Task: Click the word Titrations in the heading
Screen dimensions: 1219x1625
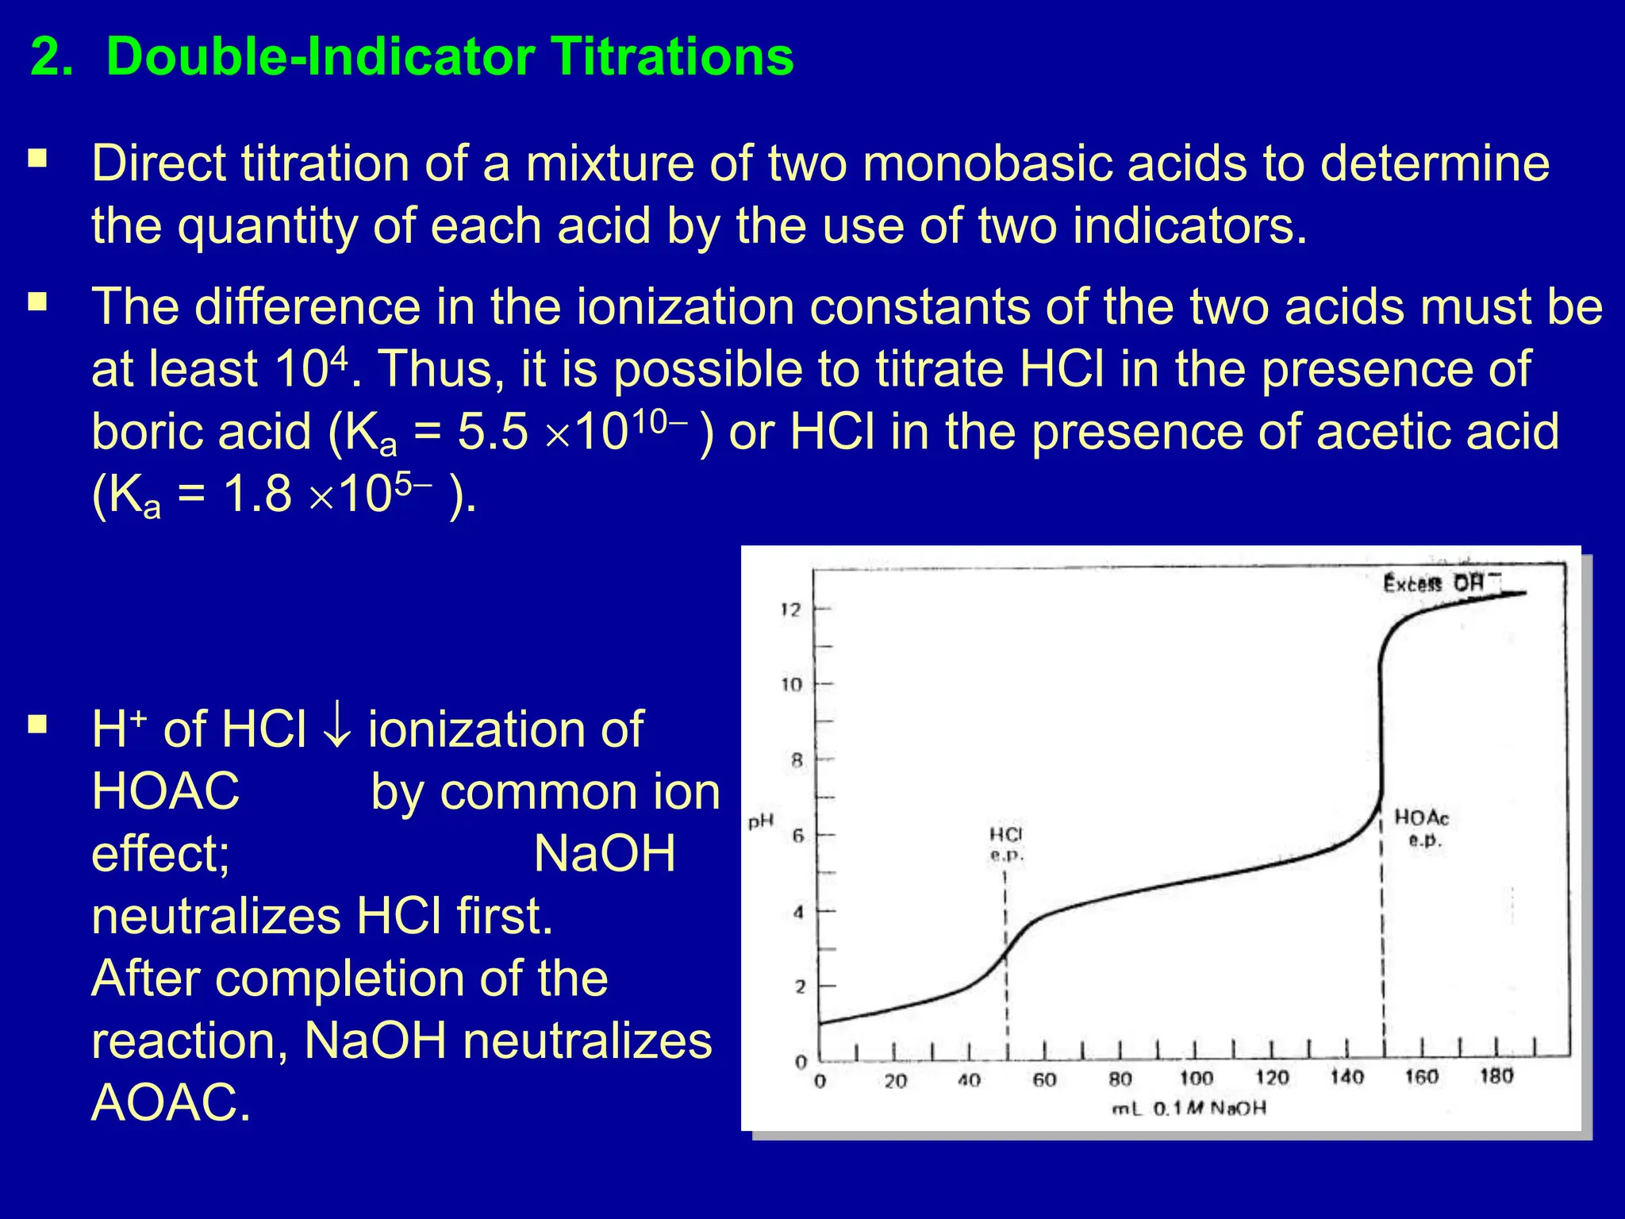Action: [x=672, y=57]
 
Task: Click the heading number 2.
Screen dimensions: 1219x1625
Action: [x=51, y=58]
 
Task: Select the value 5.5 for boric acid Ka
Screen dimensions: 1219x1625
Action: [x=492, y=433]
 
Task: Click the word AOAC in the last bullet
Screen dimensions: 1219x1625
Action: [x=171, y=1102]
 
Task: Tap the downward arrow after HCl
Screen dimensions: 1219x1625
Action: [x=337, y=729]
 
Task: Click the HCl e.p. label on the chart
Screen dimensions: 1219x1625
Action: [x=1006, y=844]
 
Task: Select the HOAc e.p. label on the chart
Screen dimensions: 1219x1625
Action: [x=1422, y=828]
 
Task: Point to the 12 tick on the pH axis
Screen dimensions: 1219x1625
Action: [x=791, y=609]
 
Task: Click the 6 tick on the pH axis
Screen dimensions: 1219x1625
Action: [x=798, y=836]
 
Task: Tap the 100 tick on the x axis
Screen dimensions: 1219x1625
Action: [x=1195, y=1079]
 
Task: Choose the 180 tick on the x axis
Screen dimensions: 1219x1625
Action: [x=1496, y=1077]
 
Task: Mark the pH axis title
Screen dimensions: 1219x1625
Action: [x=760, y=821]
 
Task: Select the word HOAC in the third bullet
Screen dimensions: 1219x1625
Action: [x=165, y=792]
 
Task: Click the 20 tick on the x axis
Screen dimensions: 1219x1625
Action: [x=895, y=1081]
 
